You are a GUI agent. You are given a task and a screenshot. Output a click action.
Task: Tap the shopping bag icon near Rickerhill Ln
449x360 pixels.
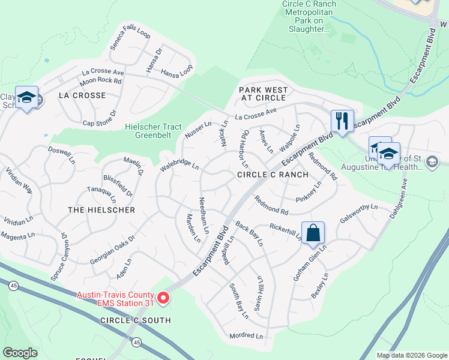pos(313,233)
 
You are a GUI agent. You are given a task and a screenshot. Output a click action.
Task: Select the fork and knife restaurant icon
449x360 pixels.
pos(342,121)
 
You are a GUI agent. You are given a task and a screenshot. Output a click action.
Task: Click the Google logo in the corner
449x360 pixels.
pos(20,353)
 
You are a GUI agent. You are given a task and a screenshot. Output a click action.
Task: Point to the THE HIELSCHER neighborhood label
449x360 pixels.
pos(101,210)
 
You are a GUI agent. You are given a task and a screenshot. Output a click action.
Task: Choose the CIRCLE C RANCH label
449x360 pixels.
pos(273,175)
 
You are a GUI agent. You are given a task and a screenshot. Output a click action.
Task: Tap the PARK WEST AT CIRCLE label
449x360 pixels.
pos(264,94)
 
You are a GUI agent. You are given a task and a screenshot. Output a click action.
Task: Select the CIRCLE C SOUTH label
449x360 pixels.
pos(136,320)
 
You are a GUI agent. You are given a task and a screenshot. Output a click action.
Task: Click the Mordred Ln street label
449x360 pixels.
pos(246,336)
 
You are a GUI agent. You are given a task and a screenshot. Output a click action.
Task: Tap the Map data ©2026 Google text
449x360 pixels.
pos(412,355)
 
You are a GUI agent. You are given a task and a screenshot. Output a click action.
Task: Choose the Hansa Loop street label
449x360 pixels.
pos(177,71)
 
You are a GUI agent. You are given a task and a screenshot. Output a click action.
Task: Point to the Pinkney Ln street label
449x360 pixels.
pos(309,192)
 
